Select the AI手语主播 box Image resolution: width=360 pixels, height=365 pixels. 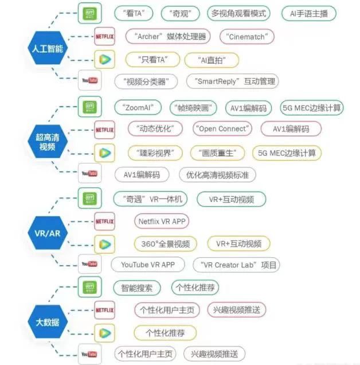click(309, 13)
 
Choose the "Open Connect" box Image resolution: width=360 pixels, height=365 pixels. click(223, 129)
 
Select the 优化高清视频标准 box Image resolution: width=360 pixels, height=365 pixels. click(217, 174)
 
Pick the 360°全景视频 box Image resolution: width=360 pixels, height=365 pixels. click(166, 243)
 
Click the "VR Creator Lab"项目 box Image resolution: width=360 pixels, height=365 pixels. click(236, 265)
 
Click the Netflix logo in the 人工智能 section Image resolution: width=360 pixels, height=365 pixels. click(104, 36)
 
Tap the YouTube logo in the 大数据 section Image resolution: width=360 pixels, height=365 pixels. click(89, 354)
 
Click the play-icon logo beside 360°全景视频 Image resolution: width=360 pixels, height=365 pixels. click(104, 244)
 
